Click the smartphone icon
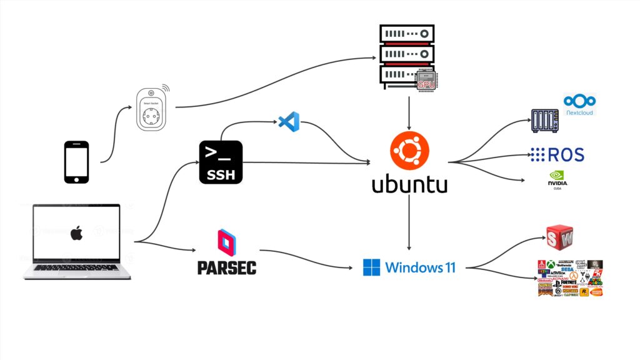pyautogui.click(x=76, y=162)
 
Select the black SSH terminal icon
pyautogui.click(x=221, y=162)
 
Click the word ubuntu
pyautogui.click(x=409, y=185)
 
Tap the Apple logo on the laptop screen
pyautogui.click(x=76, y=234)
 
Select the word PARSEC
pyautogui.click(x=227, y=267)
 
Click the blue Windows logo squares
pyautogui.click(x=371, y=267)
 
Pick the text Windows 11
pyautogui.click(x=420, y=267)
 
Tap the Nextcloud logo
pyautogui.click(x=579, y=104)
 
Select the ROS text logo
pyautogui.click(x=557, y=154)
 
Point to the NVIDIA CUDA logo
pyautogui.click(x=557, y=180)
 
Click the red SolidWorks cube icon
pyautogui.click(x=559, y=238)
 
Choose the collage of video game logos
pyautogui.click(x=569, y=278)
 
